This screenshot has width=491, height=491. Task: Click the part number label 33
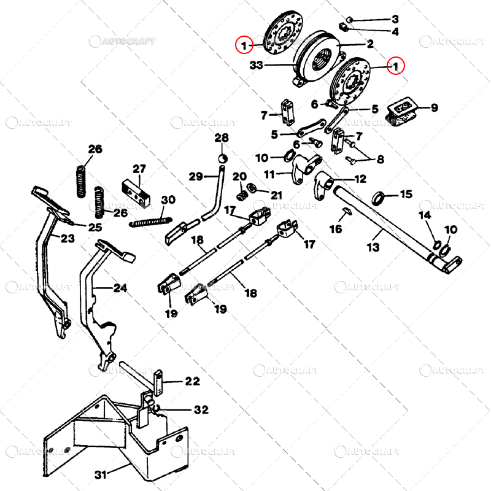tap(257, 63)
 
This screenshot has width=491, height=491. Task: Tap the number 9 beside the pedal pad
tap(434, 109)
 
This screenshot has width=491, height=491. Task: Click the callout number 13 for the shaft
tap(374, 247)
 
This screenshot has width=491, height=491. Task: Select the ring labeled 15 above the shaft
tap(381, 198)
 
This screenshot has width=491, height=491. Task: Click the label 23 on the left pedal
tap(68, 238)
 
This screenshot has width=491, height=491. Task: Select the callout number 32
tap(200, 409)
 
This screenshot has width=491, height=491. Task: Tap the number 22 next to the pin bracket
tap(192, 381)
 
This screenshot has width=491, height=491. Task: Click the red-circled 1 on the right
tap(396, 64)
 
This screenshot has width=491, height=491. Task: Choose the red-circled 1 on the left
tap(244, 45)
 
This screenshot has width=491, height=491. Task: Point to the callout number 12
tap(360, 179)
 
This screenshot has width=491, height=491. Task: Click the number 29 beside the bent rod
tap(195, 177)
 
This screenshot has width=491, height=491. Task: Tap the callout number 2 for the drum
tap(370, 44)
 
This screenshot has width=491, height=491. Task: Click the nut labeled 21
tap(252, 187)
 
